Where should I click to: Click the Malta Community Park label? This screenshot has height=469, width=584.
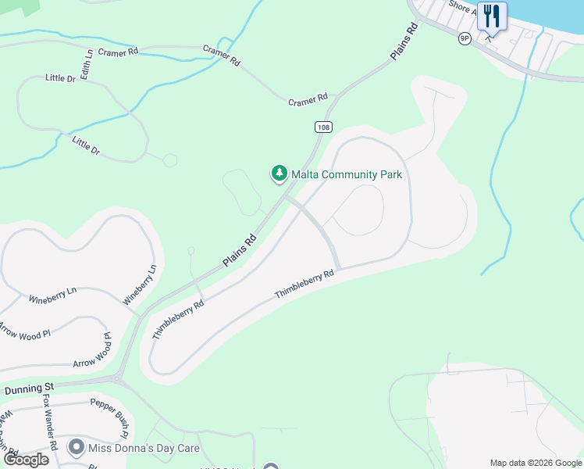[x=346, y=174]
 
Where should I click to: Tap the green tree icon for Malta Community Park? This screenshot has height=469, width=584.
[x=279, y=174]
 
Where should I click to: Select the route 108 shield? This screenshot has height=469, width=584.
[x=323, y=127]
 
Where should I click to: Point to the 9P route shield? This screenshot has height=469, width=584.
[x=465, y=38]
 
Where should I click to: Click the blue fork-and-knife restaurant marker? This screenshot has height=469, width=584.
[x=492, y=16]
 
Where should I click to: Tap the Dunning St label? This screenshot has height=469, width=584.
[x=27, y=388]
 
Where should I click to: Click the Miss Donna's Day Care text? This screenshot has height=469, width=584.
[x=144, y=448]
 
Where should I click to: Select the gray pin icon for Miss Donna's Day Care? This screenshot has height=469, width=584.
[x=77, y=448]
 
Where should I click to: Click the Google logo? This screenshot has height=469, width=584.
[x=26, y=459]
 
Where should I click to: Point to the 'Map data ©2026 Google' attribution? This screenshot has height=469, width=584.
[x=536, y=463]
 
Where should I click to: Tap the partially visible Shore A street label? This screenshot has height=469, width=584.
[x=461, y=6]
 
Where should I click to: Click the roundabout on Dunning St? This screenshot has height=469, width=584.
[x=117, y=380]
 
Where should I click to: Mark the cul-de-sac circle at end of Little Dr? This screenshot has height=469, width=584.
[x=169, y=160]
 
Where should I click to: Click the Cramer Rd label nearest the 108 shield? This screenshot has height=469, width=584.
[x=308, y=100]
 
